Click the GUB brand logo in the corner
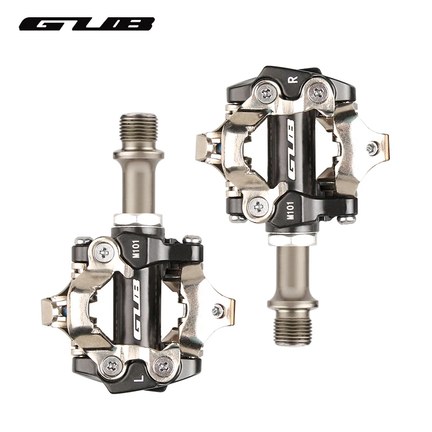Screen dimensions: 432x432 point(87,25)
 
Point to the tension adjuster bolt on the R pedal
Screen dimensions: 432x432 point(372,147)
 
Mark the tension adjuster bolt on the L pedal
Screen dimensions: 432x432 point(218,310)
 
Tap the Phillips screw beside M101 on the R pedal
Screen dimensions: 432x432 point(260,206)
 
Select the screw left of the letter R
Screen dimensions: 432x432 point(266,93)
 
